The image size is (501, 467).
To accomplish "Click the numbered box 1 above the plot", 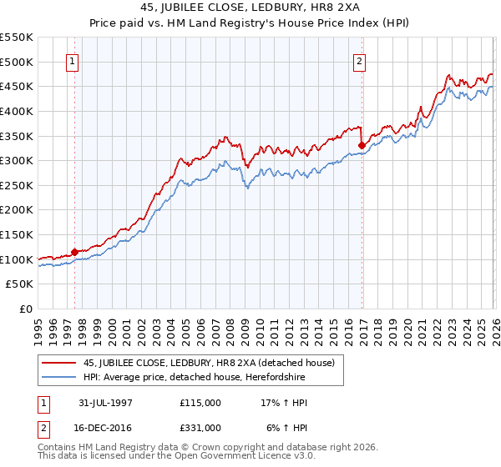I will (x=73, y=61).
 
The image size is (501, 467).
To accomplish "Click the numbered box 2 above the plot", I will (x=360, y=61).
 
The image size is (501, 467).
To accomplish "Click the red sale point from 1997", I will (x=74, y=251).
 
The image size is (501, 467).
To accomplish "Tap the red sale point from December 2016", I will (x=362, y=145).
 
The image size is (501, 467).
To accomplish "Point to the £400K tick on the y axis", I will (x=18, y=111).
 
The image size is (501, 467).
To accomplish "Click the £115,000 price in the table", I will (x=200, y=402).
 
